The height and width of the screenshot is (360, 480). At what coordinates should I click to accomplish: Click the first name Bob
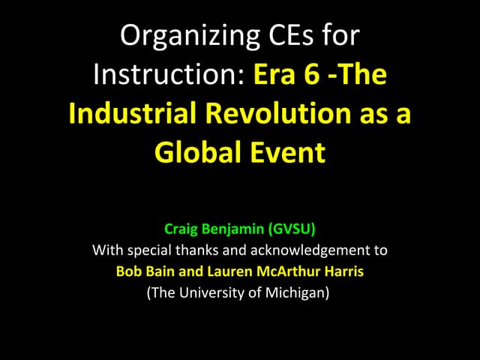pyautogui.click(x=129, y=271)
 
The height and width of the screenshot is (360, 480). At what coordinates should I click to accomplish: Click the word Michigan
pyautogui.click(x=297, y=292)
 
